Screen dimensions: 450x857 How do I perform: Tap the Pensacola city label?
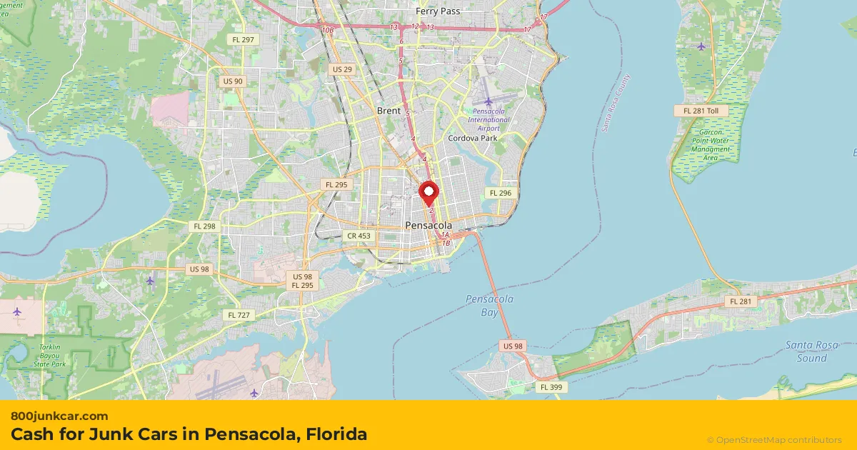(428, 225)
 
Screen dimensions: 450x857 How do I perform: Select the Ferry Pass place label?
(438, 11)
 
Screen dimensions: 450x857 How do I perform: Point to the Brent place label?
(389, 111)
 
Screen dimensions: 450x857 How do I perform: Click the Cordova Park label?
(472, 138)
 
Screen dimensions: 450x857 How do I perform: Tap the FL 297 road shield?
(243, 39)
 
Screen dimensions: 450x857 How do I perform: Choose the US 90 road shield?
(233, 81)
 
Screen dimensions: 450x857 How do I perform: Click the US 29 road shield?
(342, 69)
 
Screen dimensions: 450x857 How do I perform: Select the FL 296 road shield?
(499, 193)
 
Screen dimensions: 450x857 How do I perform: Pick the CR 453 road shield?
(359, 236)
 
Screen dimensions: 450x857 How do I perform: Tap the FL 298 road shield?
(204, 226)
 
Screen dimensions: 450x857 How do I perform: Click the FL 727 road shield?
(238, 315)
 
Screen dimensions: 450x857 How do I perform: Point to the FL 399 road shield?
(551, 386)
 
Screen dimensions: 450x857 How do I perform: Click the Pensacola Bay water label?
(489, 306)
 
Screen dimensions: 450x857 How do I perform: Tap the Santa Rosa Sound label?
(811, 351)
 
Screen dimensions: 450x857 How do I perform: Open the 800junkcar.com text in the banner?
(59, 416)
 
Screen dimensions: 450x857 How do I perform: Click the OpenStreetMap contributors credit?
(774, 440)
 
